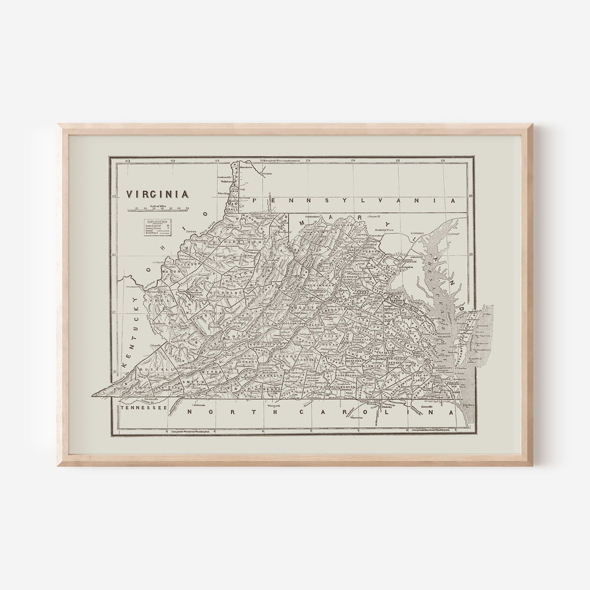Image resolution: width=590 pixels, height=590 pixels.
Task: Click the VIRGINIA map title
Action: click(158, 194)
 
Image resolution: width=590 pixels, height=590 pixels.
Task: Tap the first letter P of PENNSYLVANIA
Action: click(270, 201)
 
